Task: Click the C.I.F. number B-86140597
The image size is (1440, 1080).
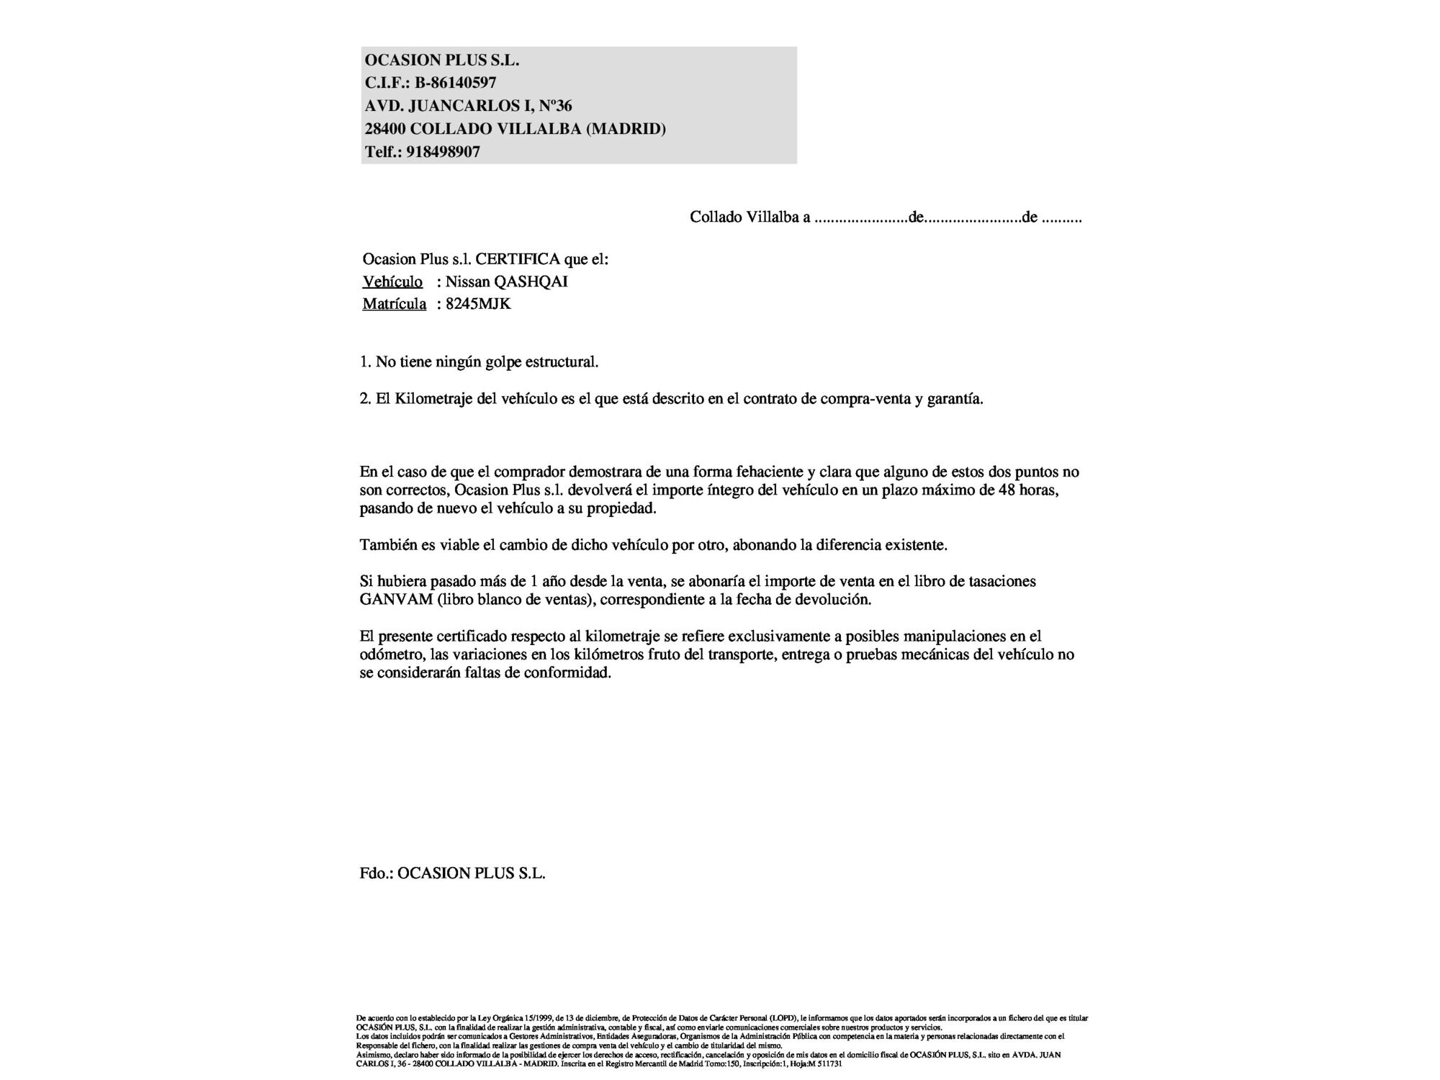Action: click(x=455, y=83)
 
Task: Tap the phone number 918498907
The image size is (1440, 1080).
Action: click(x=443, y=152)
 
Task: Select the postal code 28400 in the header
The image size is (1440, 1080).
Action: click(x=385, y=129)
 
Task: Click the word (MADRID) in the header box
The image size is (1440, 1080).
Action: click(x=626, y=129)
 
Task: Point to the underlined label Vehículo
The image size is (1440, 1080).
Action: click(x=392, y=282)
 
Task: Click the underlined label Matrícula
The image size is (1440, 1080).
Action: click(x=394, y=304)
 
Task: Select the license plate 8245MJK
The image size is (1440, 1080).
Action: click(x=478, y=304)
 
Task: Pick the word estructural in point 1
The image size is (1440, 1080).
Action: click(x=561, y=362)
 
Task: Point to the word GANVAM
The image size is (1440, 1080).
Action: click(x=395, y=600)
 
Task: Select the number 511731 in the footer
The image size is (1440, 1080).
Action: click(x=830, y=1063)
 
